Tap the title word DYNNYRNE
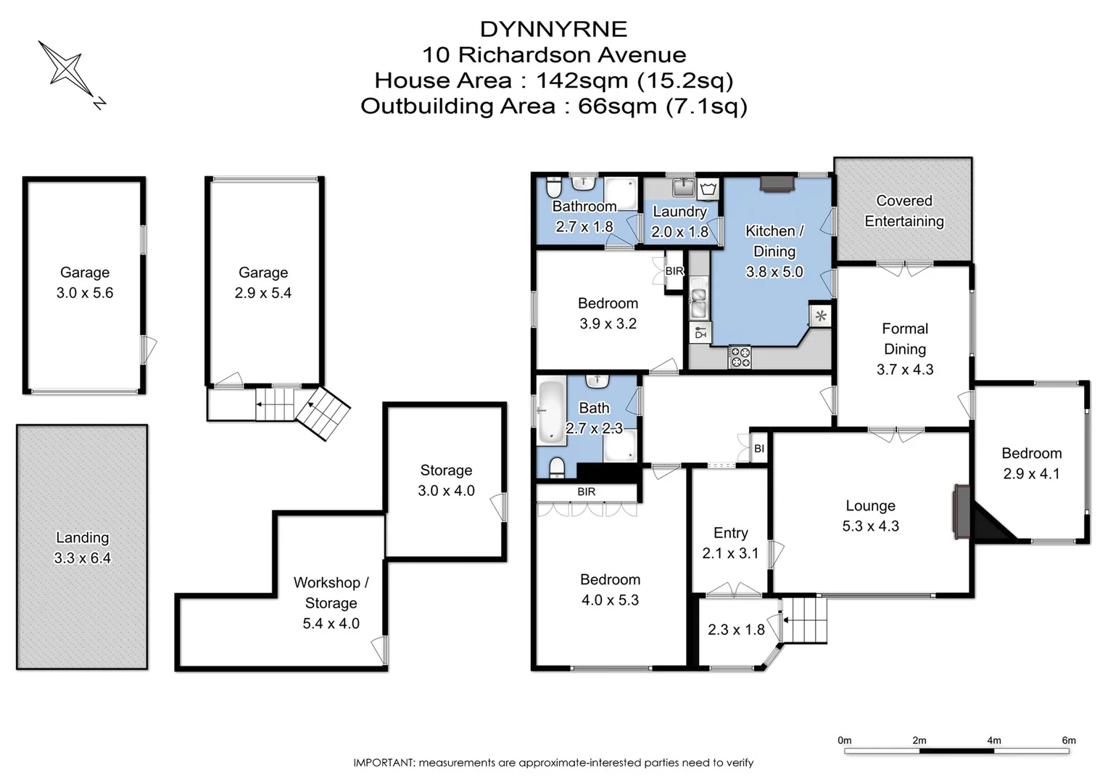[553, 29]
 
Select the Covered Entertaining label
[904, 211]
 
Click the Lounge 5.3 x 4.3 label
[870, 515]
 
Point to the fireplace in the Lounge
[962, 512]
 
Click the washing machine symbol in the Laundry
[708, 189]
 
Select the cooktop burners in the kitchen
[740, 356]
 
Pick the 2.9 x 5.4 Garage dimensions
[263, 293]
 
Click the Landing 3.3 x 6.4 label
[82, 547]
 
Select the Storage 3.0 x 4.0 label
[446, 480]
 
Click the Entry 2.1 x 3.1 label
[730, 543]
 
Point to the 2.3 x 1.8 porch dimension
[736, 629]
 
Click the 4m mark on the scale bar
[993, 740]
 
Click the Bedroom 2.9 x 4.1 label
[1031, 463]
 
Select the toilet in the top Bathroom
[553, 188]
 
